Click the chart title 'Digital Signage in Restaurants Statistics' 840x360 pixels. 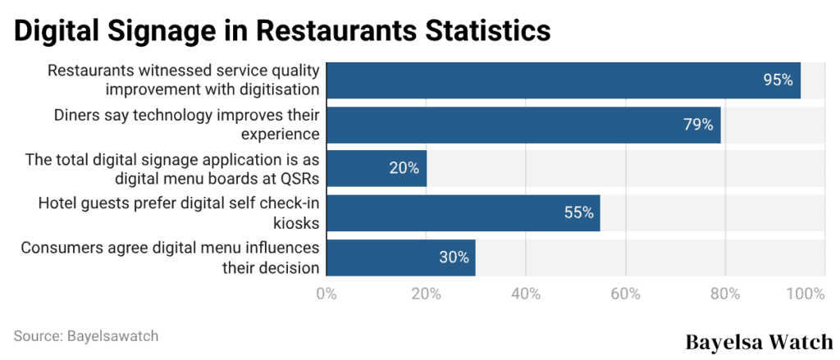point(282,30)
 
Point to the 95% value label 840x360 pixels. point(778,80)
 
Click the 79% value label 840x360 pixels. point(698,125)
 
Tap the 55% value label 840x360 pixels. point(578,212)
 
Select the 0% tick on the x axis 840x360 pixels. point(326,294)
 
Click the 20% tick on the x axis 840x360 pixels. point(426,294)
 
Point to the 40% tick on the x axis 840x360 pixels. point(525,294)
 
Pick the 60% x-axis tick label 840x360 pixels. point(625,294)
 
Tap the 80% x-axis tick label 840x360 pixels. point(724,294)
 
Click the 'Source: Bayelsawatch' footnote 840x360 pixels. point(86,336)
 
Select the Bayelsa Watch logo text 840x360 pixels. point(759,342)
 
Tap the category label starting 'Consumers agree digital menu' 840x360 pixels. point(171,257)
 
